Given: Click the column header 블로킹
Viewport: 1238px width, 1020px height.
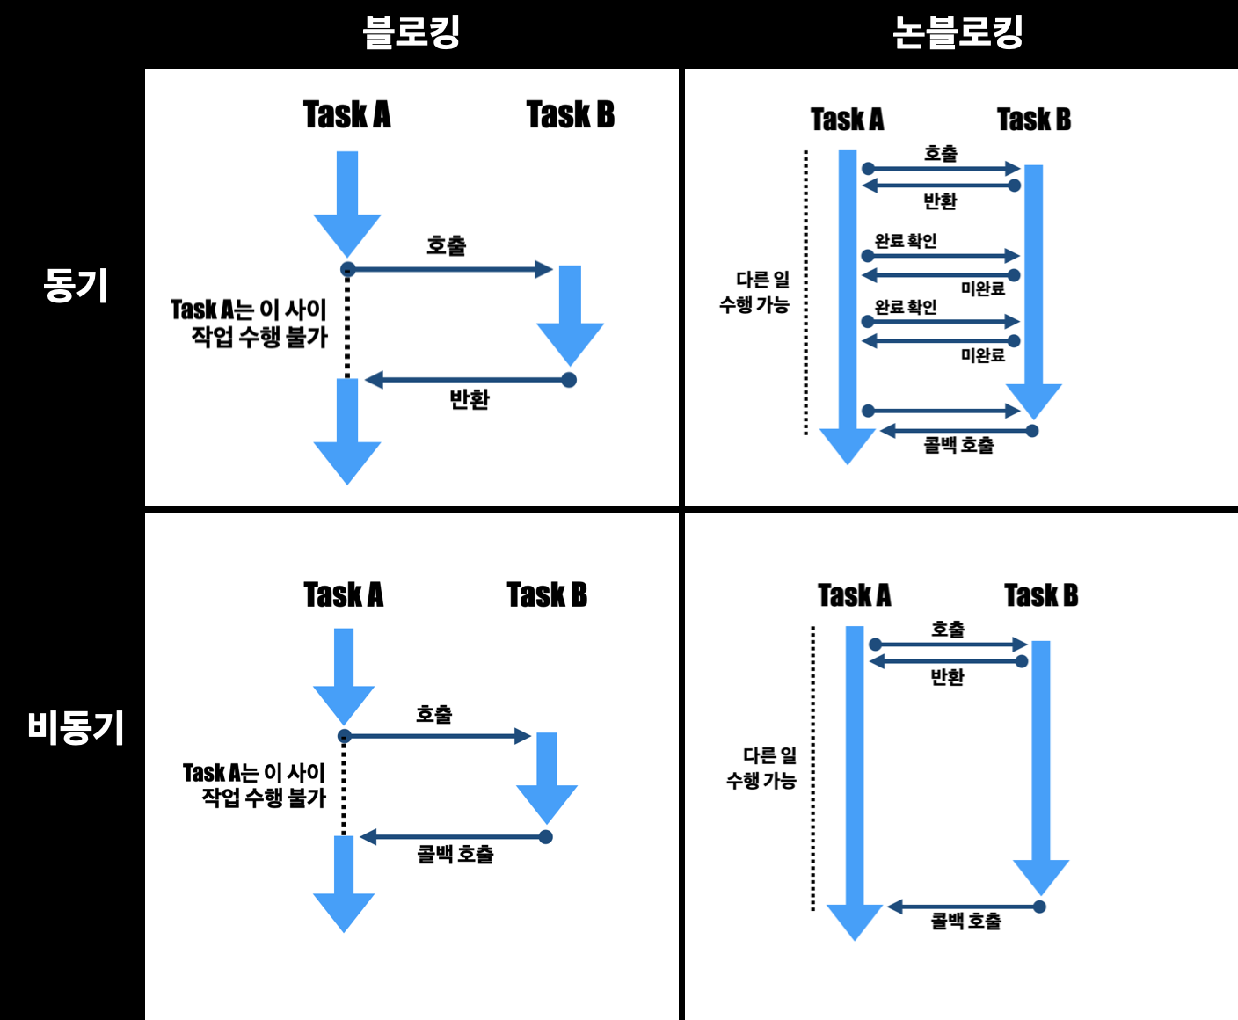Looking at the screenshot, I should coord(411,33).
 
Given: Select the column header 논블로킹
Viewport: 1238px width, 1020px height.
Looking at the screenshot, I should coord(958,33).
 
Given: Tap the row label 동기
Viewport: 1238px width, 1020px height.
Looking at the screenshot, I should coord(76,286).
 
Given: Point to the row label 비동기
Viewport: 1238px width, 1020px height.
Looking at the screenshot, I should coord(76,728).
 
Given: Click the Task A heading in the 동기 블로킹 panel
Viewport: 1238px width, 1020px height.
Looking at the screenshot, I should coord(346,115).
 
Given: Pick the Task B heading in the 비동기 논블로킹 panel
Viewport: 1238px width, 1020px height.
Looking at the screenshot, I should coord(1041,595).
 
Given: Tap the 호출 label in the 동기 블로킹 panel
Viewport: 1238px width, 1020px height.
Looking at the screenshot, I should coord(446,245).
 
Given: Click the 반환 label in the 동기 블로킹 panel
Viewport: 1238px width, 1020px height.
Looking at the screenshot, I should coord(469,399).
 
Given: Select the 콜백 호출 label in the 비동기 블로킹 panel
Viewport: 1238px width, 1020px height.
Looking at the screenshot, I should coord(455,854).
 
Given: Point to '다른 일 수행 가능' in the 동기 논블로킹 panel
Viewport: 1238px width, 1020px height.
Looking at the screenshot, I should coord(755,292).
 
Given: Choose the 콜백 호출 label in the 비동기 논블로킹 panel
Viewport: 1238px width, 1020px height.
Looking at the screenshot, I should coord(965,921).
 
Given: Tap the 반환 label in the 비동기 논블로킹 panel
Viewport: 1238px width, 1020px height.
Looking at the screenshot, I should coord(947,677).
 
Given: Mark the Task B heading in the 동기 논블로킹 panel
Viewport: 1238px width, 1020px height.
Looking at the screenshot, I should coord(1033,120).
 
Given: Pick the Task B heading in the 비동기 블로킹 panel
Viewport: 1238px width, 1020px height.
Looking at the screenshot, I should coord(547,595).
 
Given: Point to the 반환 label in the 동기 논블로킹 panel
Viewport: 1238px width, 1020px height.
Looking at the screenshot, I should coord(940,201).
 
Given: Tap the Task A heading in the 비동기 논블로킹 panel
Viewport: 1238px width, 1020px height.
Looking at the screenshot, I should coord(854,595).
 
